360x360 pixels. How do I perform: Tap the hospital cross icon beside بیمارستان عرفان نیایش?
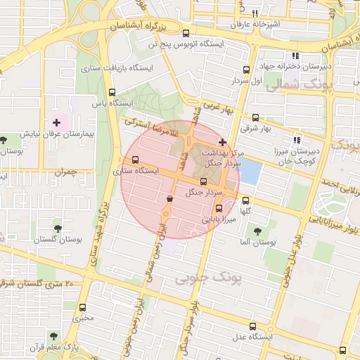click(57, 123)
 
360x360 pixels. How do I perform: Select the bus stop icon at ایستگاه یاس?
click(112, 91)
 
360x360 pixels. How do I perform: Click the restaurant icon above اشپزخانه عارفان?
click(255, 13)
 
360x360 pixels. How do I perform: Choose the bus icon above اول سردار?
click(245, 70)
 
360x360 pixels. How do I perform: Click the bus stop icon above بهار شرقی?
click(255, 118)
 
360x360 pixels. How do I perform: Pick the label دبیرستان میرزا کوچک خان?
click(296, 156)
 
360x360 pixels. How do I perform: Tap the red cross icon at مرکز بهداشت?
click(223, 143)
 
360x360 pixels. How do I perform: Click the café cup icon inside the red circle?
click(169, 200)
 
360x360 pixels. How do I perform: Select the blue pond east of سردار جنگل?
click(250, 173)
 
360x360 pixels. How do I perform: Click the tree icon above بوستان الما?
click(257, 230)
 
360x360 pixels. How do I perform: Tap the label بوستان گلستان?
click(58, 239)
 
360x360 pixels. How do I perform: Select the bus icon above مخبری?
click(83, 307)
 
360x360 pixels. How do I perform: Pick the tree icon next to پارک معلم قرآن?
click(55, 336)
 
